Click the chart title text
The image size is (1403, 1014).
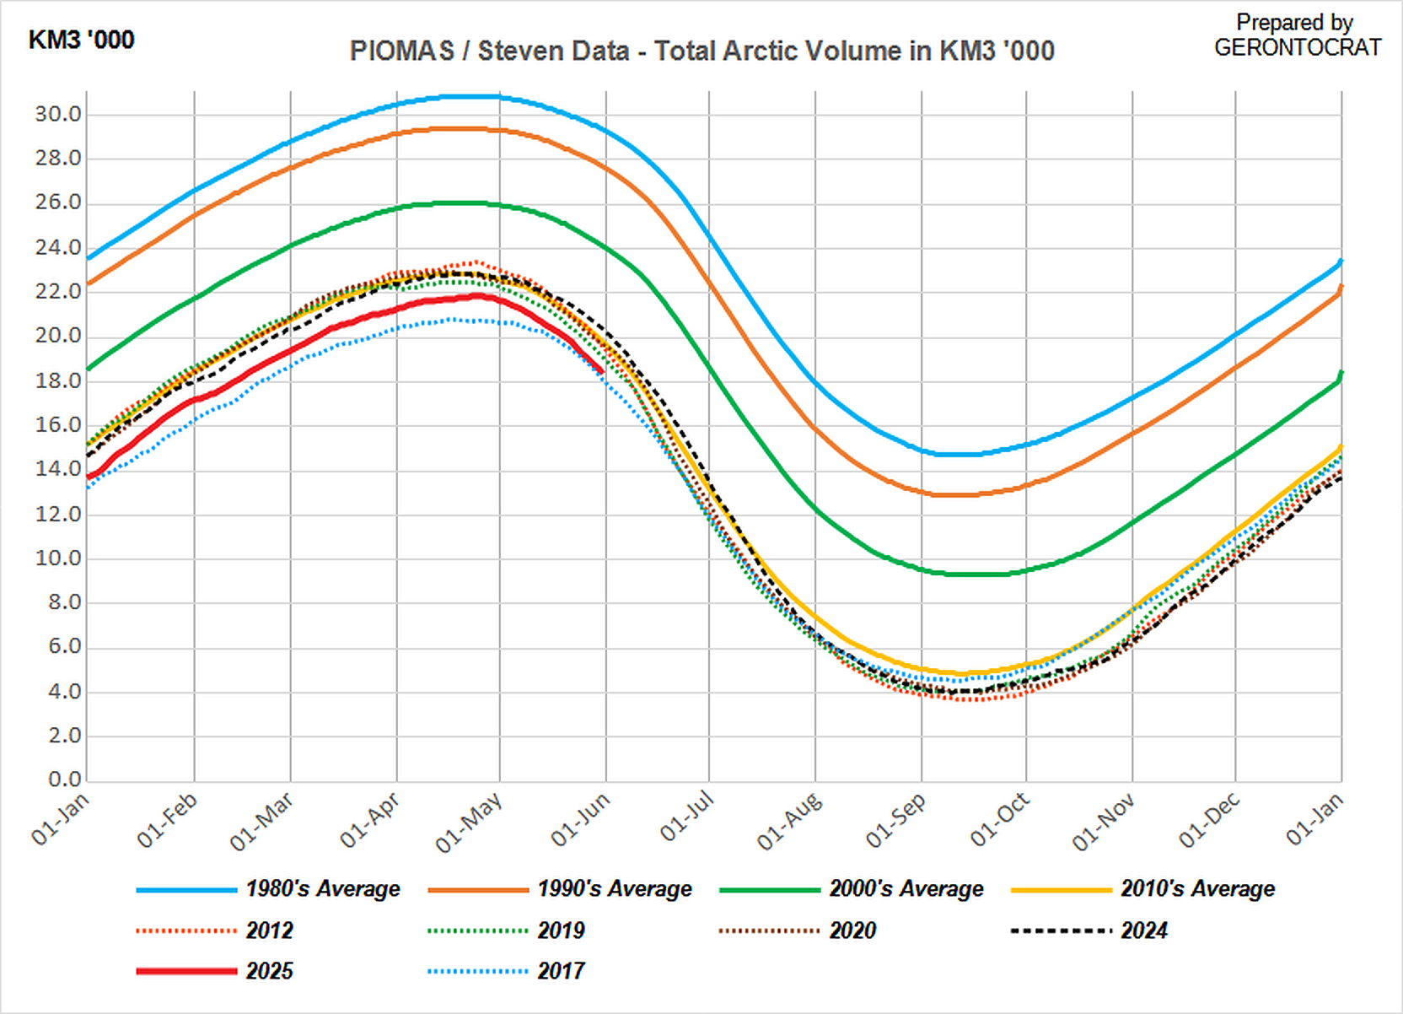[701, 51]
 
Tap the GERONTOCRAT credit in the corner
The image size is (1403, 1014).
[1297, 47]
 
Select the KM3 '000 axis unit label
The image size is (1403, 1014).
[81, 40]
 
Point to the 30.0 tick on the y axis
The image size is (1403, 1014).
[58, 114]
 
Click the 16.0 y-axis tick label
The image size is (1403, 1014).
[58, 425]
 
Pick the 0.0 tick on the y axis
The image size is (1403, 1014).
[64, 779]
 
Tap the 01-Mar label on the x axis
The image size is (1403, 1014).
[262, 820]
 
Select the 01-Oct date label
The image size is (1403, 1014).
[1000, 819]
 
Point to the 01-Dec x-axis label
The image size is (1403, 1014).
[1209, 820]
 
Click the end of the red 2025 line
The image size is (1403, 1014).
[601, 370]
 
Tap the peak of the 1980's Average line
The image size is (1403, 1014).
[472, 97]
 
